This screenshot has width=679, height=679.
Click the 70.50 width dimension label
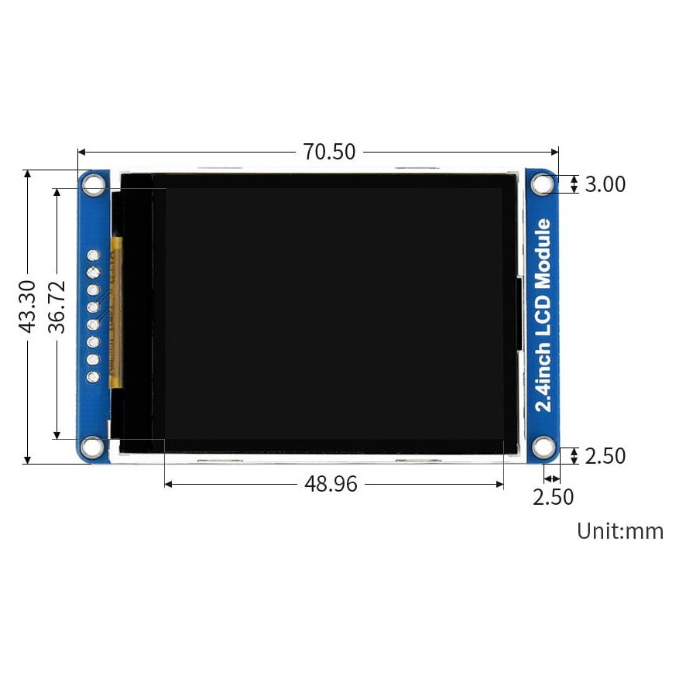[329, 152]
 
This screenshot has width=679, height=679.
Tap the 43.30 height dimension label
[27, 307]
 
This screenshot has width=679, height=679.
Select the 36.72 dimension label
[57, 307]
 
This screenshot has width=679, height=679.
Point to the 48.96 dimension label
[331, 484]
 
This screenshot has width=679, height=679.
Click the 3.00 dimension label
[605, 184]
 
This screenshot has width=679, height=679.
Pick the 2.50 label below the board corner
[553, 497]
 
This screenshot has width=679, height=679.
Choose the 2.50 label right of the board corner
[605, 456]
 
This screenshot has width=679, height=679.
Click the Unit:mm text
[620, 531]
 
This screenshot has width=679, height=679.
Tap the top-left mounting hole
[94, 184]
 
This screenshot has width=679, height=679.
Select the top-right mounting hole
[543, 184]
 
